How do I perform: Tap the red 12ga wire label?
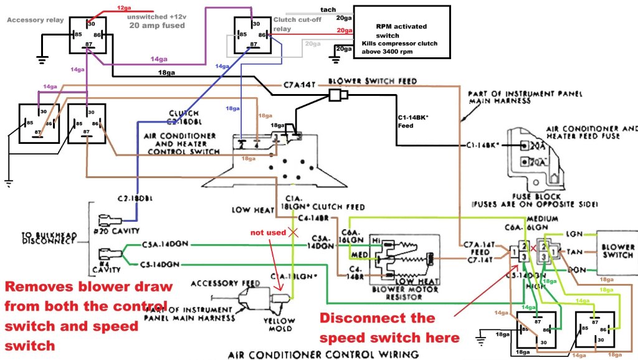[124, 7]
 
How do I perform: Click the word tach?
[328, 10]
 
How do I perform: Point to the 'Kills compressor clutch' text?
[399, 44]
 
